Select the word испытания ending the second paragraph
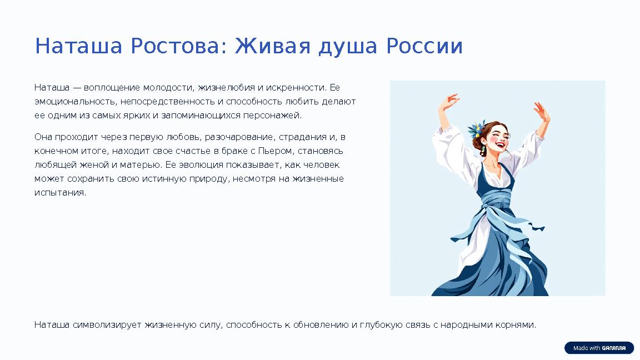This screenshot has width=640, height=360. pos(60,193)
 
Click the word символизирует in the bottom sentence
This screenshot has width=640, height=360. pos(107,324)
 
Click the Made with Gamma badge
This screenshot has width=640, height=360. pos(599,348)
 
